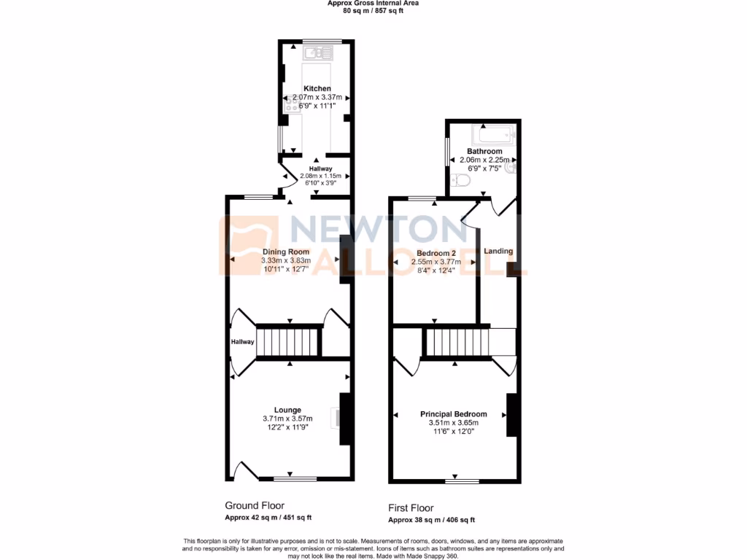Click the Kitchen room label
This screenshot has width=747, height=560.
tap(317, 88)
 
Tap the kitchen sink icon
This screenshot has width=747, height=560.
tap(320, 52)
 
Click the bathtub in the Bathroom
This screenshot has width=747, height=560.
tap(493, 135)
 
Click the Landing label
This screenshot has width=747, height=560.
tap(499, 251)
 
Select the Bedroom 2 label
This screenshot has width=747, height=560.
tap(433, 253)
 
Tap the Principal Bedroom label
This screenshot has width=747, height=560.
tap(453, 414)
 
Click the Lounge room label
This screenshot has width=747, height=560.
tap(287, 410)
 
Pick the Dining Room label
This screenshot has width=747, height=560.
tap(287, 252)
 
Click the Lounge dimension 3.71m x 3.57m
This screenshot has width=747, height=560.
tap(287, 419)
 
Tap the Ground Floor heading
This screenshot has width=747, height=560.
tap(255, 505)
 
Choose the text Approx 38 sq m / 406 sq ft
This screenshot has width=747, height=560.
tap(431, 520)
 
